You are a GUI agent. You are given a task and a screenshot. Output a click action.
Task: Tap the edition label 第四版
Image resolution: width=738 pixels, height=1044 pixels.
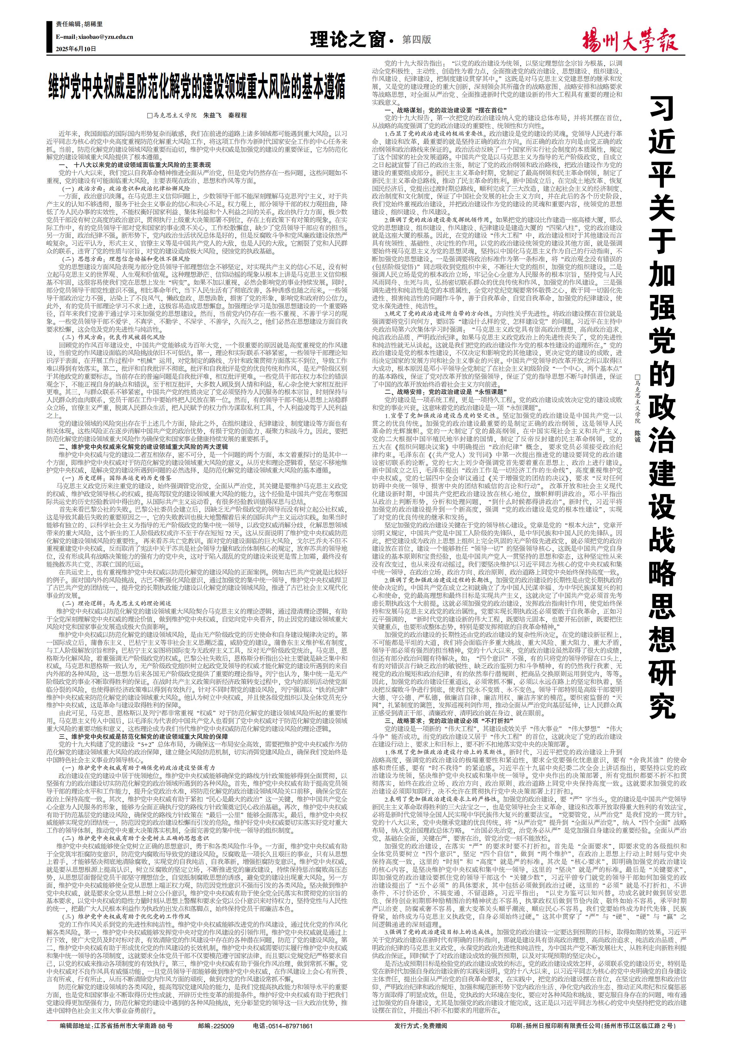click(x=417, y=39)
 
